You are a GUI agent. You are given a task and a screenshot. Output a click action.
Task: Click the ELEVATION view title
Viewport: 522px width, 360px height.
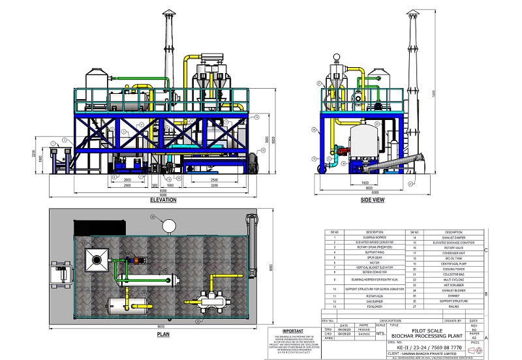[163, 200]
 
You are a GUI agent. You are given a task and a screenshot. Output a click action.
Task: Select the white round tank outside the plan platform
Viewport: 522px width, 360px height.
[169, 226]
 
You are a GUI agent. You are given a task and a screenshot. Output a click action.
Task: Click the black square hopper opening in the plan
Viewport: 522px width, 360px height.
[97, 260]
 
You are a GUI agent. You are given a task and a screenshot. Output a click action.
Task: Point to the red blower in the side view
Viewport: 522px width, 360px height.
[342, 151]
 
